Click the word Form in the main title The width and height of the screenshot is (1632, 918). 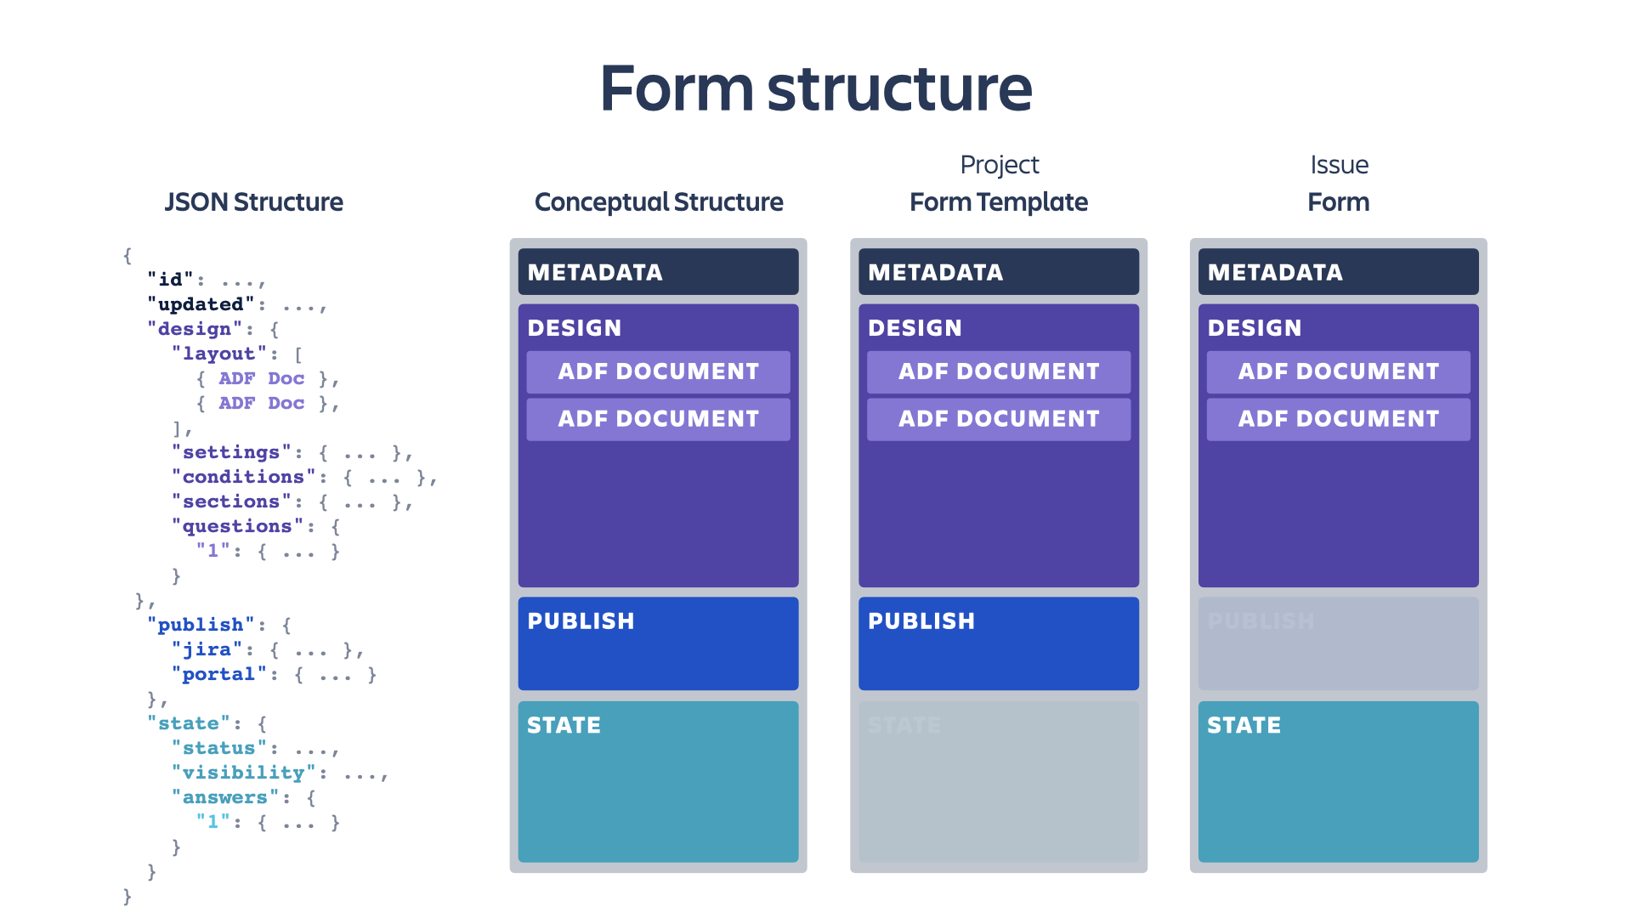pyautogui.click(x=677, y=88)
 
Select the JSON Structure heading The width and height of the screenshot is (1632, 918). pyautogui.click(x=253, y=202)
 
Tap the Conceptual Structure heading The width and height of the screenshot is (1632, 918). pyautogui.click(x=659, y=202)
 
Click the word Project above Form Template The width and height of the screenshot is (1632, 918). pyautogui.click(x=999, y=165)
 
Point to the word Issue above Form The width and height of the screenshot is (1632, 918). pyautogui.click(x=1339, y=165)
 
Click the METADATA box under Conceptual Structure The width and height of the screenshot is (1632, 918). pyautogui.click(x=658, y=272)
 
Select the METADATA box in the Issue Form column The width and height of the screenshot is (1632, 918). pyautogui.click(x=1338, y=272)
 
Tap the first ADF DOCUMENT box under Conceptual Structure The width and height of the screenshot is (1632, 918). pyautogui.click(x=658, y=371)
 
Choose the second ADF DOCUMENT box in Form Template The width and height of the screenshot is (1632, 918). pyautogui.click(x=999, y=419)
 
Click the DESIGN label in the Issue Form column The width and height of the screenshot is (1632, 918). pyautogui.click(x=1255, y=328)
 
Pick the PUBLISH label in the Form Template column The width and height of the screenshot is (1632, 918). pyautogui.click(x=921, y=621)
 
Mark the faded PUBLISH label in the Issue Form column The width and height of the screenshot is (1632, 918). pyautogui.click(x=1261, y=621)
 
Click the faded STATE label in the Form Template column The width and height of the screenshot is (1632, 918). pyautogui.click(x=904, y=725)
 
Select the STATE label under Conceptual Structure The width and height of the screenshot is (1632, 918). pyautogui.click(x=564, y=725)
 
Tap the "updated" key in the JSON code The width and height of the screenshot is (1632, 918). pyautogui.click(x=201, y=304)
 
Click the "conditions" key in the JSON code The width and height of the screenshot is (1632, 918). pyautogui.click(x=243, y=477)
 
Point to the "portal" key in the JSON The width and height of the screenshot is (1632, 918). pyautogui.click(x=218, y=674)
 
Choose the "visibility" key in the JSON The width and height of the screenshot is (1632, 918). pyautogui.click(x=243, y=773)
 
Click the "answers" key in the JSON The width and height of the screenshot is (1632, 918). pyautogui.click(x=224, y=797)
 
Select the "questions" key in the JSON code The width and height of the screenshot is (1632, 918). pyautogui.click(x=237, y=526)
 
